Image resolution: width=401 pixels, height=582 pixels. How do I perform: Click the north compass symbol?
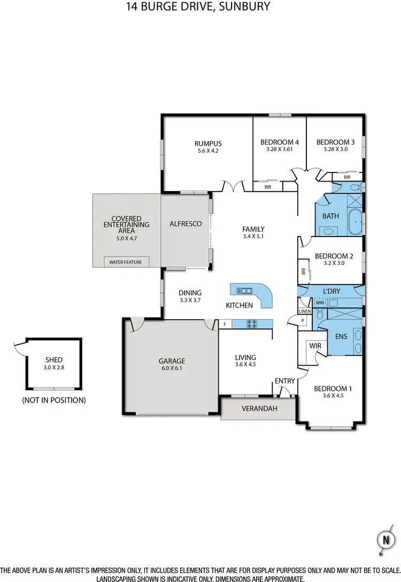click(x=384, y=540)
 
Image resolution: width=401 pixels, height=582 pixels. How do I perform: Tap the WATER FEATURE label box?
click(x=127, y=262)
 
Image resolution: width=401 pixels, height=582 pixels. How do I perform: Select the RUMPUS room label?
click(x=207, y=143)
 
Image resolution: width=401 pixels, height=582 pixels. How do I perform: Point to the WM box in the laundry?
click(x=320, y=303)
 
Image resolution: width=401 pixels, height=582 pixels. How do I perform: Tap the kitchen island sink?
click(x=244, y=290)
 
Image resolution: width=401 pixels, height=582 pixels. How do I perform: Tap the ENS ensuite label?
click(x=342, y=337)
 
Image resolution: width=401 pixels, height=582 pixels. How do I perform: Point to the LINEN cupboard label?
click(x=304, y=311)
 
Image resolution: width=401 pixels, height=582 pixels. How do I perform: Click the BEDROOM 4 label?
click(x=279, y=142)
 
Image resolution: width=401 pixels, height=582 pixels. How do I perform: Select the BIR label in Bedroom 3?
click(x=347, y=177)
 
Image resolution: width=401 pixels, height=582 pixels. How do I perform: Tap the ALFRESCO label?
click(x=185, y=224)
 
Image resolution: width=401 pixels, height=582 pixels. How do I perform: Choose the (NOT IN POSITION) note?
click(x=53, y=399)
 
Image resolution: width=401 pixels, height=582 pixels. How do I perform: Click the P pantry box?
click(x=303, y=320)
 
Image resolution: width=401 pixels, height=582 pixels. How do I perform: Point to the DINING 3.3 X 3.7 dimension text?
click(x=190, y=301)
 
